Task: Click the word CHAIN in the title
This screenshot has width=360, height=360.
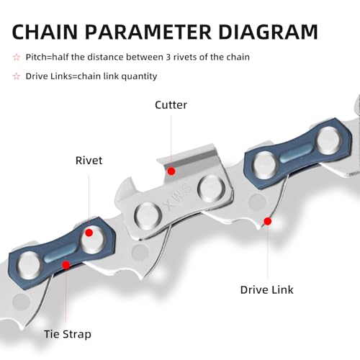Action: click(x=45, y=32)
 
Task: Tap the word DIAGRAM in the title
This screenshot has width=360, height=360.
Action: click(x=268, y=32)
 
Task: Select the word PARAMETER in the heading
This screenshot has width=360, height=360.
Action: click(x=148, y=32)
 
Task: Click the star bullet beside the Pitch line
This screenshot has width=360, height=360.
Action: click(x=17, y=58)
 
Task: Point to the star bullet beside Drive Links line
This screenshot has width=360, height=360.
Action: click(x=17, y=76)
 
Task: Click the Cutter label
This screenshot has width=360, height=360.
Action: click(x=171, y=105)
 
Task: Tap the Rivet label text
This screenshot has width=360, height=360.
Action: click(x=89, y=161)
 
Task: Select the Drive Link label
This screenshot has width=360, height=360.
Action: click(x=266, y=290)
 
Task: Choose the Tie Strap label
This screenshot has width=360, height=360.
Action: click(x=68, y=334)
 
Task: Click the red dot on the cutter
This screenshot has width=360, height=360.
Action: click(x=171, y=171)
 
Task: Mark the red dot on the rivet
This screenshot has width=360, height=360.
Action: click(x=89, y=233)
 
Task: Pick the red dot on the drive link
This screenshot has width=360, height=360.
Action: click(x=268, y=221)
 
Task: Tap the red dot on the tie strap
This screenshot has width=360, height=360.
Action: click(x=66, y=265)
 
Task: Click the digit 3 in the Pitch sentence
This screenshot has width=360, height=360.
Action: click(x=168, y=57)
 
